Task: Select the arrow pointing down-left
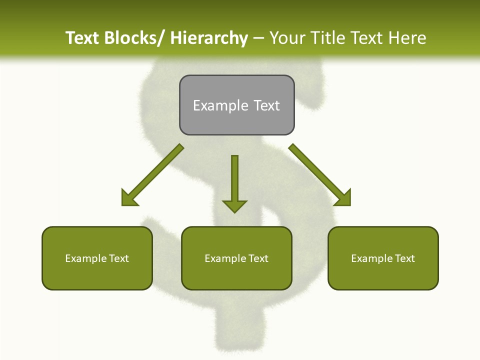155,173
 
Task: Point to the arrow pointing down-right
318,173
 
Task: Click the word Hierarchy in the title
209,38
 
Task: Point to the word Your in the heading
288,38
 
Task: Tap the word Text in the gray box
266,105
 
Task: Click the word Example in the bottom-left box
86,258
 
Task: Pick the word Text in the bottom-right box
404,258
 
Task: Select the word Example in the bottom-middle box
225,258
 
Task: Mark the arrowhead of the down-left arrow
129,198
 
